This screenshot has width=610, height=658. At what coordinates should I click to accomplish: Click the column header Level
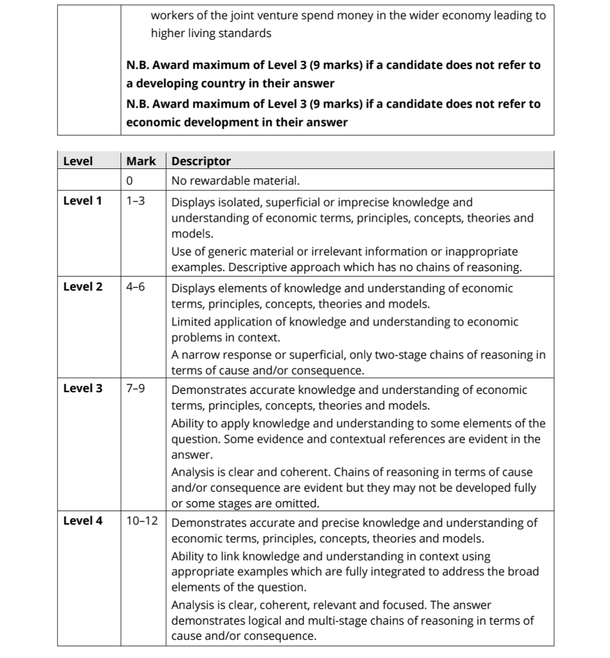[78, 161]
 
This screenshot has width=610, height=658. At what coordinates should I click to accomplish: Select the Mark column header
[141, 161]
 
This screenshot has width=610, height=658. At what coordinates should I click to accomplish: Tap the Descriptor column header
[201, 161]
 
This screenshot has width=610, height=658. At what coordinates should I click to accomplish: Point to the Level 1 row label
[82, 201]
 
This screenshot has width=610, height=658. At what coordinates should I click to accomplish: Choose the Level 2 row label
[82, 286]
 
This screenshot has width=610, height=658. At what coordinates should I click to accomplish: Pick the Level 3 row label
[82, 388]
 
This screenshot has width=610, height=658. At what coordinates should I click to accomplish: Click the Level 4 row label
[82, 520]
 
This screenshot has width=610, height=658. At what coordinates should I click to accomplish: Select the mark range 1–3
[135, 201]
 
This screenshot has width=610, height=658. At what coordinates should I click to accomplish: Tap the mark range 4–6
[135, 286]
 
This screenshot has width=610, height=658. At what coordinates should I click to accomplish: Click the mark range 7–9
[135, 388]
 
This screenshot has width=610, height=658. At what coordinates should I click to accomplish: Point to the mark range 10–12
[142, 520]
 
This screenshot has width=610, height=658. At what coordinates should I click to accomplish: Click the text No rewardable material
[235, 181]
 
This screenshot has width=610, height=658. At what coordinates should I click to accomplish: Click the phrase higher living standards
[211, 33]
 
